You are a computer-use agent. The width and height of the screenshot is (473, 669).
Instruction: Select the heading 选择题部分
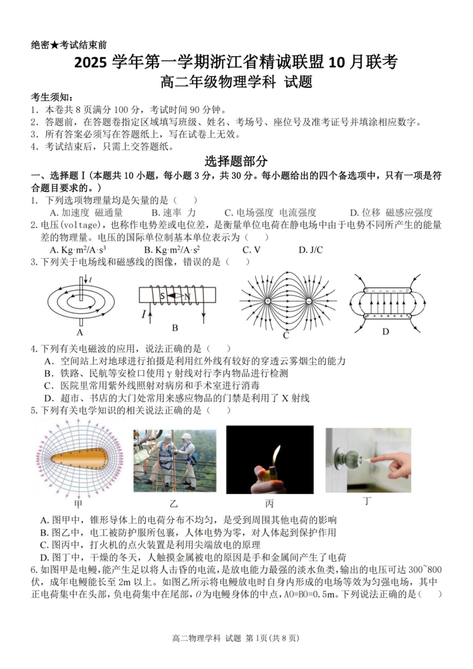(x=236, y=161)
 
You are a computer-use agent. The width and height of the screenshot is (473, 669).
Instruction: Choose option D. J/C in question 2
(x=311, y=250)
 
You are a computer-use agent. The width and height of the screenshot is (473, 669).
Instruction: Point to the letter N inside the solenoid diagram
(x=187, y=297)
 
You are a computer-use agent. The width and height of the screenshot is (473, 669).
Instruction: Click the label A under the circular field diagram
(x=80, y=333)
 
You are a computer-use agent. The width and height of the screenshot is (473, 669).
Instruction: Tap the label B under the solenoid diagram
(x=175, y=328)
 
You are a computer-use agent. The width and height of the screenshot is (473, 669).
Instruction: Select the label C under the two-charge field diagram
(x=286, y=335)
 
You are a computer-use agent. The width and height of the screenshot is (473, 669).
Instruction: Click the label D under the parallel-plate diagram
(x=385, y=332)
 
